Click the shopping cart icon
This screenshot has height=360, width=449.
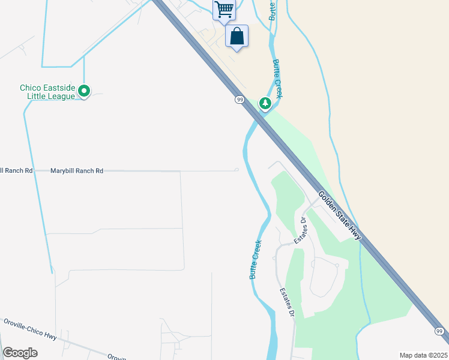point(224,9)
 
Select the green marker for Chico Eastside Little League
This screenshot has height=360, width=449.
point(85,92)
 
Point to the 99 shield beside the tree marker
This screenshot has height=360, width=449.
point(240,100)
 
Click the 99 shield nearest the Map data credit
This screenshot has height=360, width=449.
point(439,331)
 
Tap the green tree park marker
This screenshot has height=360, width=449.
point(265,104)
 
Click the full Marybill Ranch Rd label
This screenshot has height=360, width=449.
point(77,171)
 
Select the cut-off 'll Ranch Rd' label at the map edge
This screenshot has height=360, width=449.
point(16,171)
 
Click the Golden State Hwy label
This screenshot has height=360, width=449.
point(340,215)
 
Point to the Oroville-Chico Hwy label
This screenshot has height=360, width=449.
point(30,329)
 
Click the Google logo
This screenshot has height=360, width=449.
point(20,353)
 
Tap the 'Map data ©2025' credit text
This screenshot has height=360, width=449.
point(423,355)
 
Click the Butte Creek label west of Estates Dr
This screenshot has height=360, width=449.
point(256,260)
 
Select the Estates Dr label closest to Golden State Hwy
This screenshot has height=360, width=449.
point(300,230)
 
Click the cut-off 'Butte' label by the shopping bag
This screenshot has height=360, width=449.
point(273,10)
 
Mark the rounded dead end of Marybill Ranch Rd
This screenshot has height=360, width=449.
point(237,170)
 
